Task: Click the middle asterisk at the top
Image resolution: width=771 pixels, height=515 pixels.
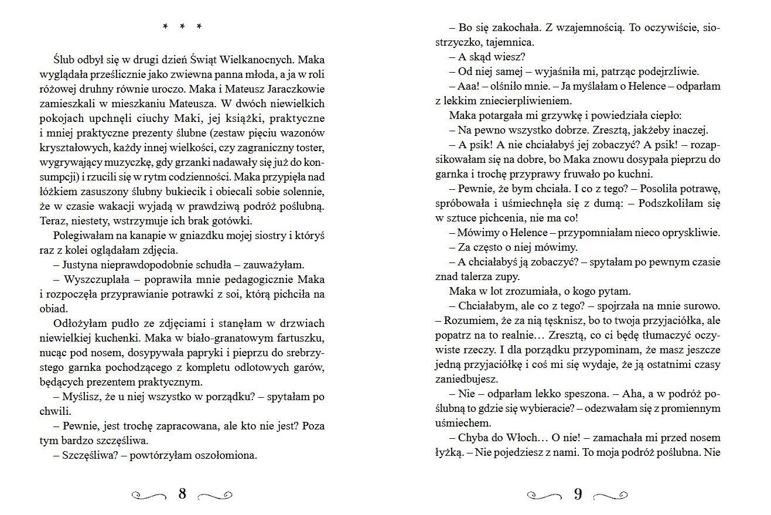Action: [x=182, y=27]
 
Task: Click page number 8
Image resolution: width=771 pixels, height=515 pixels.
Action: [x=182, y=494]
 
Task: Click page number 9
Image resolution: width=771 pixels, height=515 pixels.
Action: [x=578, y=494]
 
